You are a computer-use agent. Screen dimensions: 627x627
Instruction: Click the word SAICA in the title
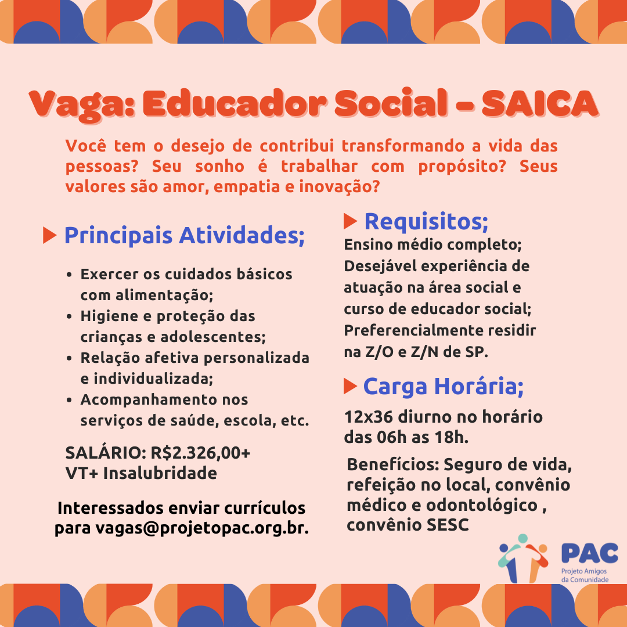pyautogui.click(x=539, y=104)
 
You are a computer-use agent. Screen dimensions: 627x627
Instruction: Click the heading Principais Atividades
pyautogui.click(x=184, y=236)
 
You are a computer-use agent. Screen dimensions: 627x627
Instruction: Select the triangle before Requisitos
pyautogui.click(x=350, y=221)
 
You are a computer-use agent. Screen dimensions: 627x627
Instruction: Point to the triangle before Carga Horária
pyautogui.click(x=349, y=385)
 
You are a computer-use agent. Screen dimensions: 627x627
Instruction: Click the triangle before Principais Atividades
pyautogui.click(x=50, y=236)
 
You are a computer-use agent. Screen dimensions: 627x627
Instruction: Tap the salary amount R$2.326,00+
pyautogui.click(x=200, y=453)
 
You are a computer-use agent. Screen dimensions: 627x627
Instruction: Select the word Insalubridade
pyautogui.click(x=160, y=473)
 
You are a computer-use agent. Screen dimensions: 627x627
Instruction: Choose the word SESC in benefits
pyautogui.click(x=448, y=525)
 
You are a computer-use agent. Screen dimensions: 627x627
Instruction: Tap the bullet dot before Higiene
pyautogui.click(x=69, y=317)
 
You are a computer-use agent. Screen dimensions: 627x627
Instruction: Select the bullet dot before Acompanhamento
pyautogui.click(x=69, y=401)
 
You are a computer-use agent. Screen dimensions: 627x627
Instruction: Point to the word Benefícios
pyautogui.click(x=393, y=465)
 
